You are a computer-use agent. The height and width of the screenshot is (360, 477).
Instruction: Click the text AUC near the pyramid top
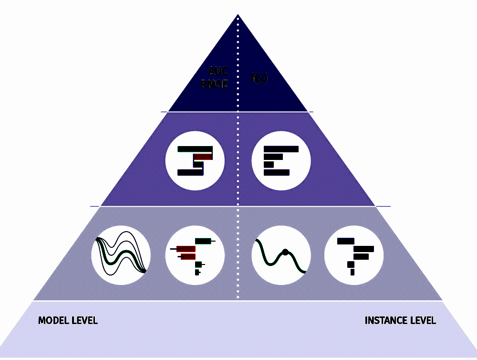(x=218, y=72)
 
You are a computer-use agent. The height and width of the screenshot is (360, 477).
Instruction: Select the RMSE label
(x=215, y=85)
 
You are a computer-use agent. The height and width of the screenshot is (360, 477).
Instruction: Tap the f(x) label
(x=259, y=78)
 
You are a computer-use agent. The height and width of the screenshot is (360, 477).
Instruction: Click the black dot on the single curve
(x=285, y=252)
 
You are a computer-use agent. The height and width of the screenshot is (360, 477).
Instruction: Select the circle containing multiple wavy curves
(x=121, y=255)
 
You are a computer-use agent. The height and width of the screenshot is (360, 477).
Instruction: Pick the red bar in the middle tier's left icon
(x=203, y=157)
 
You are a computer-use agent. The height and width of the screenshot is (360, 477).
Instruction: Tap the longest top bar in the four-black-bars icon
(x=281, y=149)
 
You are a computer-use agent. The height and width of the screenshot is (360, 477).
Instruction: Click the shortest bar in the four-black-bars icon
(x=269, y=165)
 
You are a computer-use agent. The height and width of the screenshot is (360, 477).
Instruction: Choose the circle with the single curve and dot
(x=281, y=255)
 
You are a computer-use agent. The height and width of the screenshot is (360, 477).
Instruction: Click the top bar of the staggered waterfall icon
(x=345, y=241)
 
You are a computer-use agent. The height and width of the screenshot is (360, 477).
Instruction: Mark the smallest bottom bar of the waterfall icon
(x=352, y=272)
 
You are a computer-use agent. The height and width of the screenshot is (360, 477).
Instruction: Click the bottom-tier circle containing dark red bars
(x=195, y=255)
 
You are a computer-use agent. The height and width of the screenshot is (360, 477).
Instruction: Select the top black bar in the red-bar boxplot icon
(x=203, y=241)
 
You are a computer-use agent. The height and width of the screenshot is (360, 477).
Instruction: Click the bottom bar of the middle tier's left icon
(x=190, y=172)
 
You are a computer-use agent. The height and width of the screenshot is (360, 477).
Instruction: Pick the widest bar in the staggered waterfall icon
(x=363, y=249)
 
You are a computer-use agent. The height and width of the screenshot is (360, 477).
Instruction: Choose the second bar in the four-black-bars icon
(x=273, y=157)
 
